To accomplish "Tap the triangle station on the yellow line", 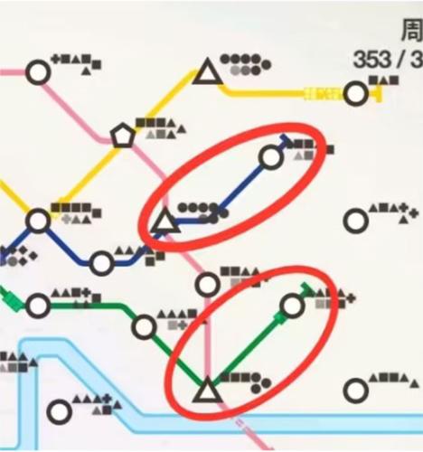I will click(209, 72).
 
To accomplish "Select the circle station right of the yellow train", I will click(357, 92).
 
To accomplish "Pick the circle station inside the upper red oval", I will click(270, 157).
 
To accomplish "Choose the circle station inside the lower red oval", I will click(292, 306).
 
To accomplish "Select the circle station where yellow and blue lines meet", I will click(38, 221).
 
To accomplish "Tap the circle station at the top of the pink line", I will click(38, 72).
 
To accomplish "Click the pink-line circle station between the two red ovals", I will click(209, 284).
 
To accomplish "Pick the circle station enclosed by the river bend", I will click(60, 411).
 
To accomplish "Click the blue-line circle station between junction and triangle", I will click(102, 264).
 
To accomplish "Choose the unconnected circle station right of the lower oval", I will click(355, 391).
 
